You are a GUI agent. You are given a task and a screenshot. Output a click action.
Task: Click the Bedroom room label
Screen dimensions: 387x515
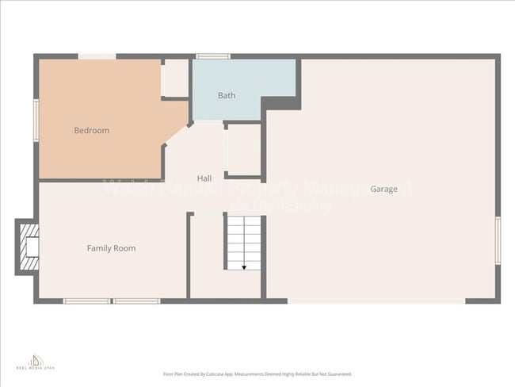[x=91, y=130]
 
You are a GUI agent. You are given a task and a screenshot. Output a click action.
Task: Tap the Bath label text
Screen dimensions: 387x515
[x=227, y=96]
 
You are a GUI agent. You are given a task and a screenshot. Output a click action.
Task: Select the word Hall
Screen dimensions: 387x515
[x=204, y=178]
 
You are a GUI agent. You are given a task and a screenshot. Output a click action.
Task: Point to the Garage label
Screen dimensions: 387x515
[x=383, y=189]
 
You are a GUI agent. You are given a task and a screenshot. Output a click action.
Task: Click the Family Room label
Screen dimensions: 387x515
[x=111, y=248]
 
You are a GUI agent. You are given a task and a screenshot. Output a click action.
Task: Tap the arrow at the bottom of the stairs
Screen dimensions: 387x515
[x=244, y=267]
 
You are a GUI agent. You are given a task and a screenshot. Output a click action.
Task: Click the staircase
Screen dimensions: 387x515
[x=244, y=242]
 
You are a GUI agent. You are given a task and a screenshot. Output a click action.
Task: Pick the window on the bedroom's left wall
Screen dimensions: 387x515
[x=36, y=121]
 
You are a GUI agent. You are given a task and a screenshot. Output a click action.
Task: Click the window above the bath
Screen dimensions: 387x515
[x=213, y=56]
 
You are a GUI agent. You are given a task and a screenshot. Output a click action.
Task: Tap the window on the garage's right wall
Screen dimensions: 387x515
[x=498, y=240]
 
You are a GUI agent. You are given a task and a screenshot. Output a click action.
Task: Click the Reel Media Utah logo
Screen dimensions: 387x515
[x=34, y=363]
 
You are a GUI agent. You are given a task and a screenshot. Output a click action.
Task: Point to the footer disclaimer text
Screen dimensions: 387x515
[x=257, y=374]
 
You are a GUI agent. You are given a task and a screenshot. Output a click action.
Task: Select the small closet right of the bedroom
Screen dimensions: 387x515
[x=174, y=78]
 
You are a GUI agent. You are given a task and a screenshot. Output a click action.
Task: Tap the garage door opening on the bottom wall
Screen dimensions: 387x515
[x=376, y=301]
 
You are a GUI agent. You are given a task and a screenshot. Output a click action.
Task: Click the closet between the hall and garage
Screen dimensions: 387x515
[x=242, y=149]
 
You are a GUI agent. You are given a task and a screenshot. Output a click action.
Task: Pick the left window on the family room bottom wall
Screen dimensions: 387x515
[x=86, y=301]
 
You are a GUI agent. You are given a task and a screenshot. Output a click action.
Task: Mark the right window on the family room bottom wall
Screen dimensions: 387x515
[x=135, y=301]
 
